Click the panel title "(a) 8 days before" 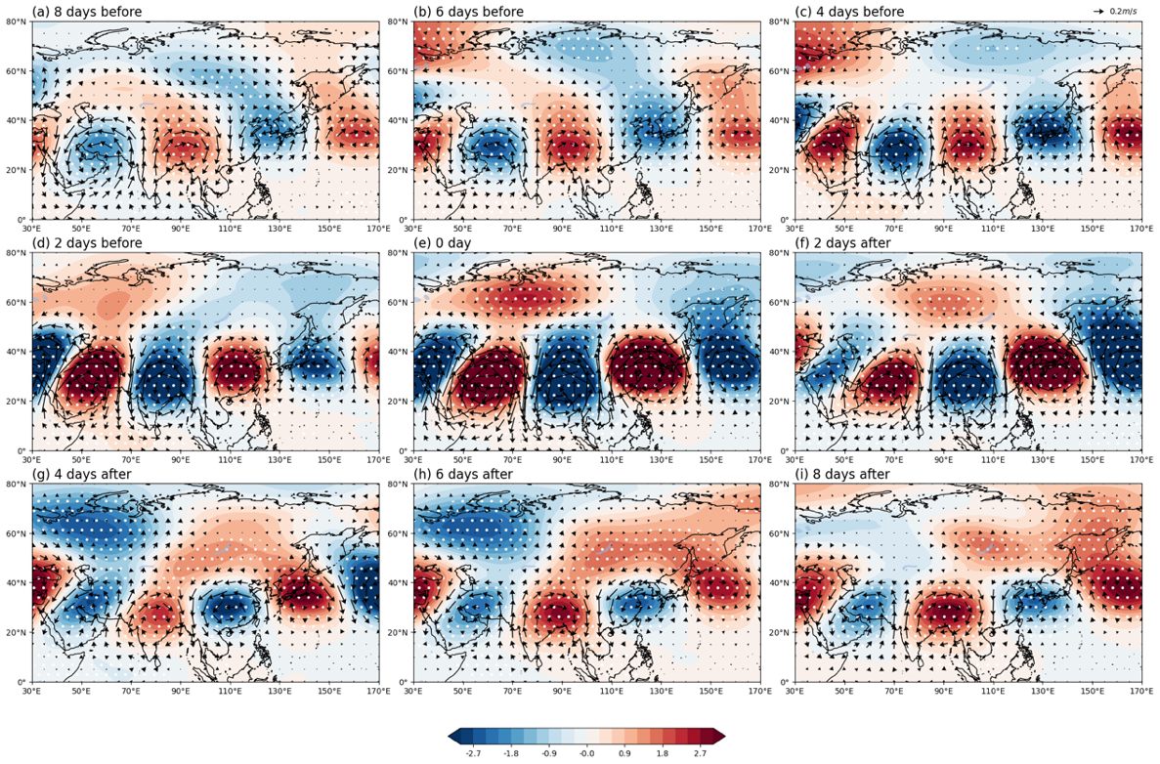(87, 11)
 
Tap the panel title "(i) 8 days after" (841, 474)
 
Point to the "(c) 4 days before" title (849, 11)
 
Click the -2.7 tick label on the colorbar (473, 753)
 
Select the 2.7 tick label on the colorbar (700, 753)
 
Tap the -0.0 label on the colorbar (586, 753)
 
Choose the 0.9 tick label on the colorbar (624, 753)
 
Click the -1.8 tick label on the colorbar (510, 753)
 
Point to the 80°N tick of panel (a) (17, 21)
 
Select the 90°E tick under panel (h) (562, 691)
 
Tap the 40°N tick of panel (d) (17, 352)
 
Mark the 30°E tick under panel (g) (32, 691)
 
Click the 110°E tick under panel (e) (611, 460)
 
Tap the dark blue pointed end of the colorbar (455, 736)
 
